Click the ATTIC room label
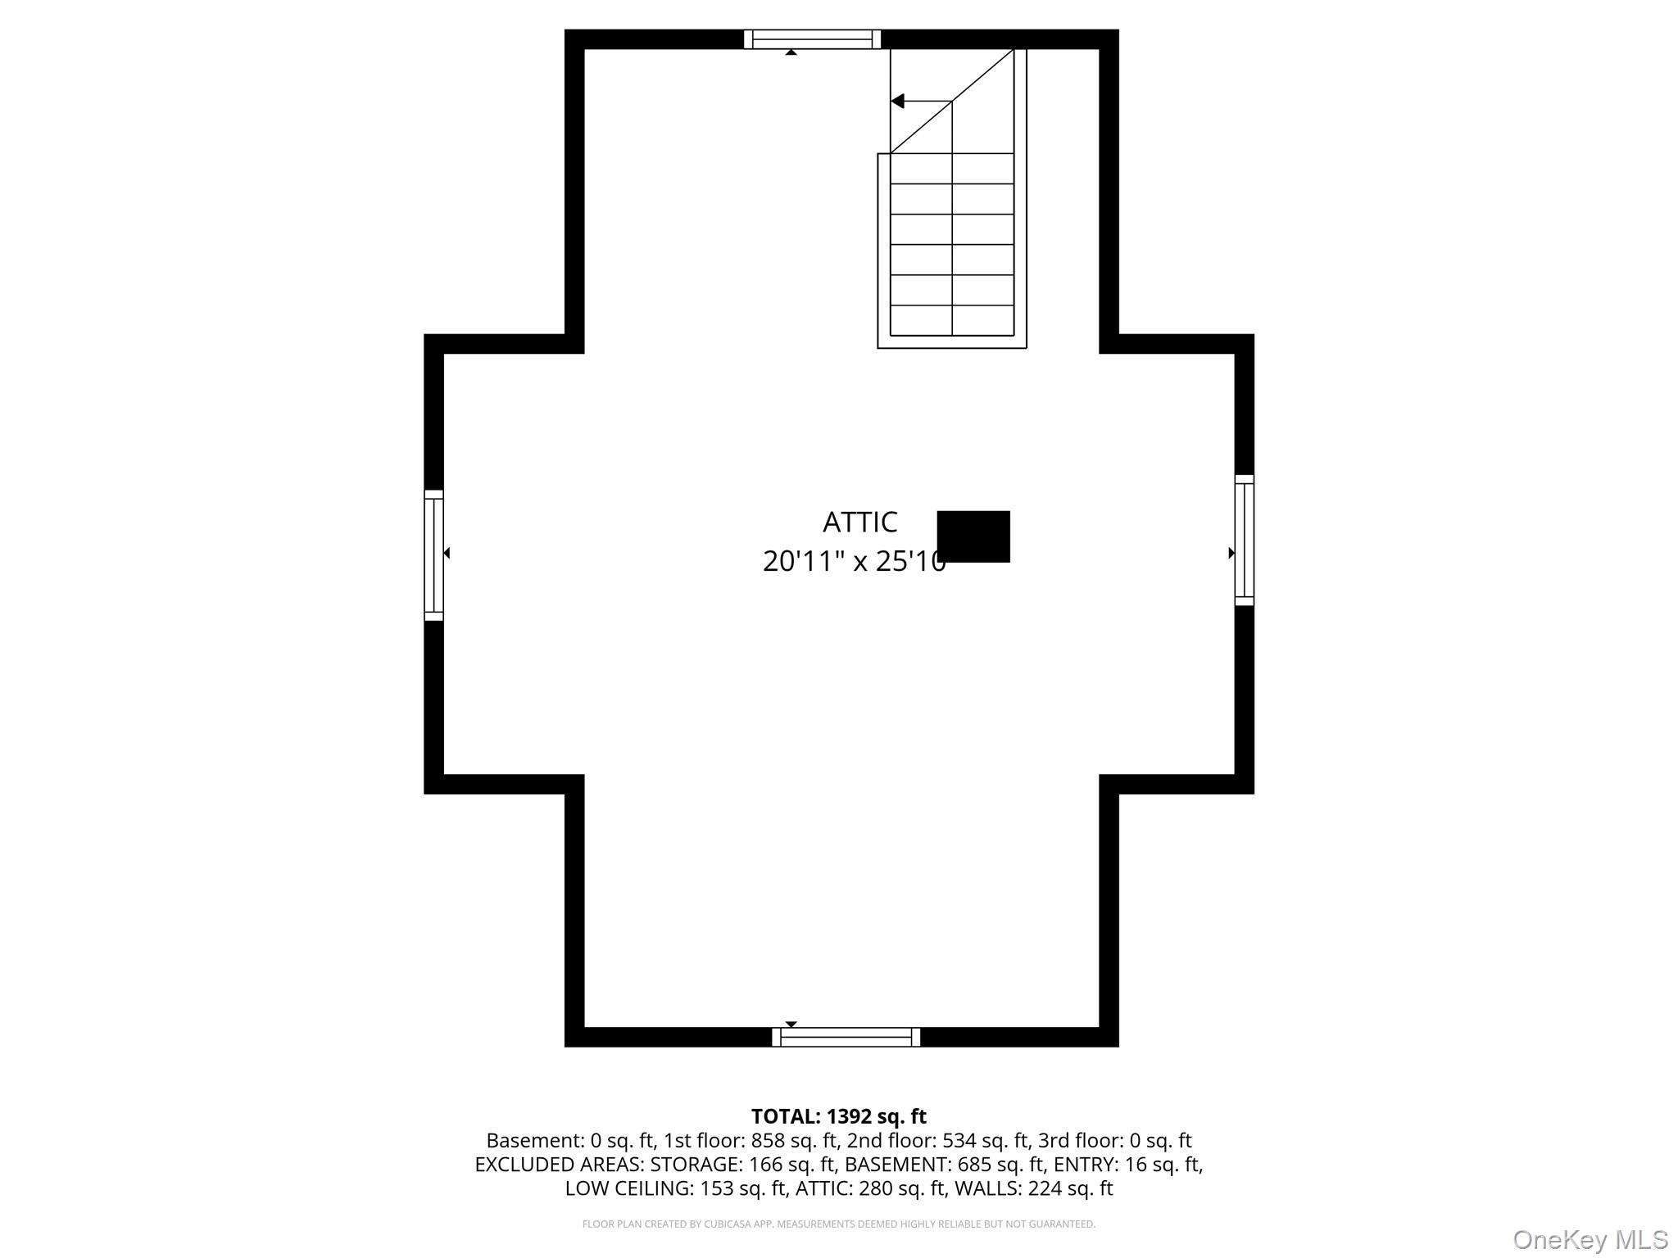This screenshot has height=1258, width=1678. click(859, 522)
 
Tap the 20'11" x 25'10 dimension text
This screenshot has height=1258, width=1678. click(854, 561)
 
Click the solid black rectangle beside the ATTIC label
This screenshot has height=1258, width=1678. click(973, 536)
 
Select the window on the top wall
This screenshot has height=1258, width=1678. click(812, 39)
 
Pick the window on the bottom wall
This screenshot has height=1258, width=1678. click(846, 1037)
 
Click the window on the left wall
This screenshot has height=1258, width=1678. click(433, 555)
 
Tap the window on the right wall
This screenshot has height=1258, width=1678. click(1244, 541)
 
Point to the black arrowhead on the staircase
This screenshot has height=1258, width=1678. click(898, 102)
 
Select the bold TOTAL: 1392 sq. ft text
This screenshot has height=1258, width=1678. click(838, 1116)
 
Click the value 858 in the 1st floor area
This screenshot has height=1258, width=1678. click(767, 1141)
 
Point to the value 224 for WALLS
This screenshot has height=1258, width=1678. click(1043, 1188)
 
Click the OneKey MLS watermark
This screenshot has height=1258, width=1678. click(1590, 1240)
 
